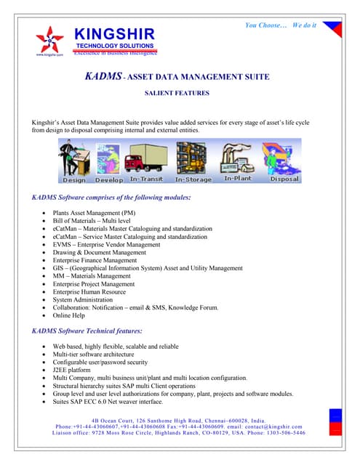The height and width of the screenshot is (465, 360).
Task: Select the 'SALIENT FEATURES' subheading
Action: tap(177, 94)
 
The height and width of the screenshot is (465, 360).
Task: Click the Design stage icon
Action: tap(74, 161)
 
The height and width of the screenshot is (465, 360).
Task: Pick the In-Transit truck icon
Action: tap(145, 161)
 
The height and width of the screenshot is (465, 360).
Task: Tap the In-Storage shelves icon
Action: tap(193, 161)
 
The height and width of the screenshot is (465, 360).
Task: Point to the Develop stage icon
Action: tap(109, 161)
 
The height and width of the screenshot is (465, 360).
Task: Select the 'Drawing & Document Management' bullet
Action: tap(100, 253)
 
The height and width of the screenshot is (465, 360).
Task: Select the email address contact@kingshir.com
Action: tap(279, 426)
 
